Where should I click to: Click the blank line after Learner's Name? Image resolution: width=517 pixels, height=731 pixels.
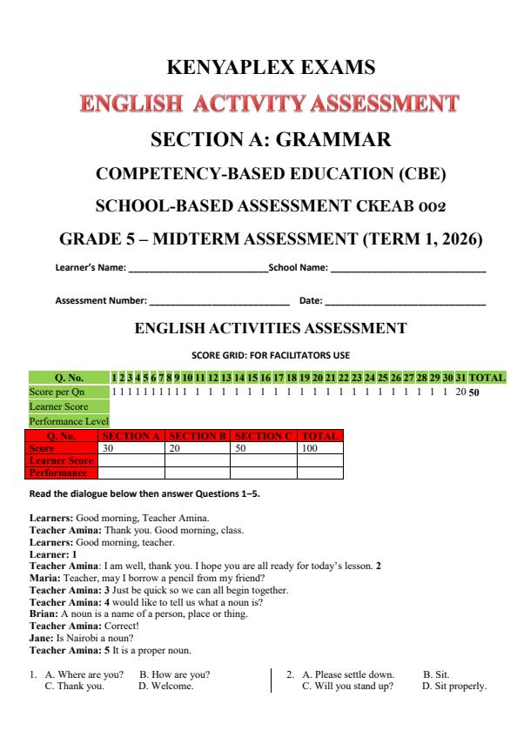(198, 270)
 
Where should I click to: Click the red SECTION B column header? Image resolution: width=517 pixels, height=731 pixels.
(197, 435)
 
